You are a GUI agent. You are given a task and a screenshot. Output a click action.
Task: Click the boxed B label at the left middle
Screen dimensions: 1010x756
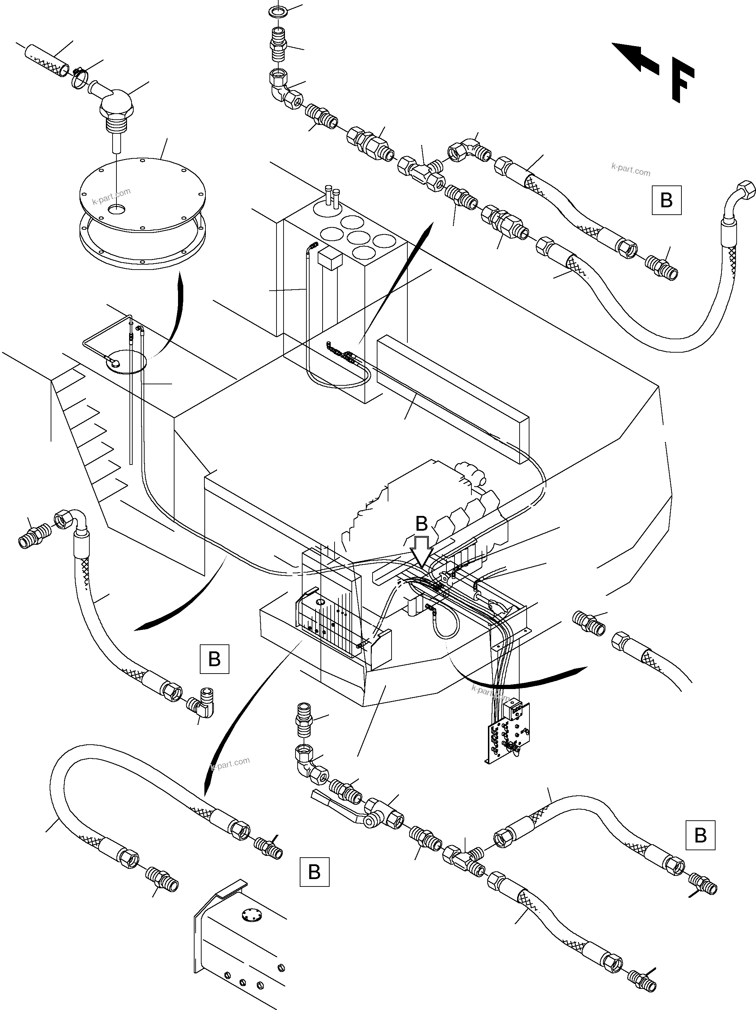pos(214,659)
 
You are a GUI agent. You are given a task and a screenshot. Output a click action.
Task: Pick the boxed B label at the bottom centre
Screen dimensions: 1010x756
pos(314,872)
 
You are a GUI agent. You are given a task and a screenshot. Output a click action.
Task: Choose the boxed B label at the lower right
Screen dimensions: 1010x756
pos(700,835)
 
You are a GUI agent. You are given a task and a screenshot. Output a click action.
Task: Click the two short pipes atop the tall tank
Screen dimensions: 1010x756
pos(332,195)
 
